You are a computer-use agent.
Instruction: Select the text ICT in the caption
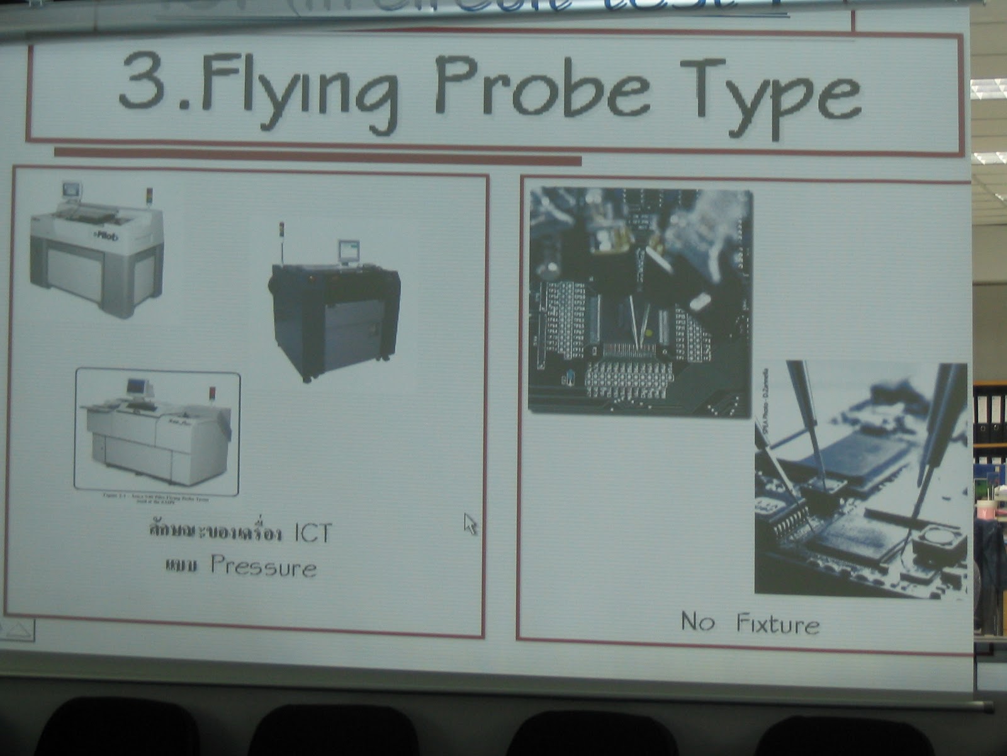(312, 533)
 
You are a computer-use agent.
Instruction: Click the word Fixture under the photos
(778, 624)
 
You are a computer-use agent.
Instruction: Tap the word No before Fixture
(697, 622)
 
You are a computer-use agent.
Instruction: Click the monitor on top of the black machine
(347, 251)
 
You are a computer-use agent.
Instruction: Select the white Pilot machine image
(98, 252)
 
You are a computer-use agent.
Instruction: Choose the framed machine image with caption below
(157, 432)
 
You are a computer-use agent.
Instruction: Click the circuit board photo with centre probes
(640, 301)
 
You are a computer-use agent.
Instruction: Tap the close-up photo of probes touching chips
(860, 479)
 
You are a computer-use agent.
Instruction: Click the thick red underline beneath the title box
(317, 153)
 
